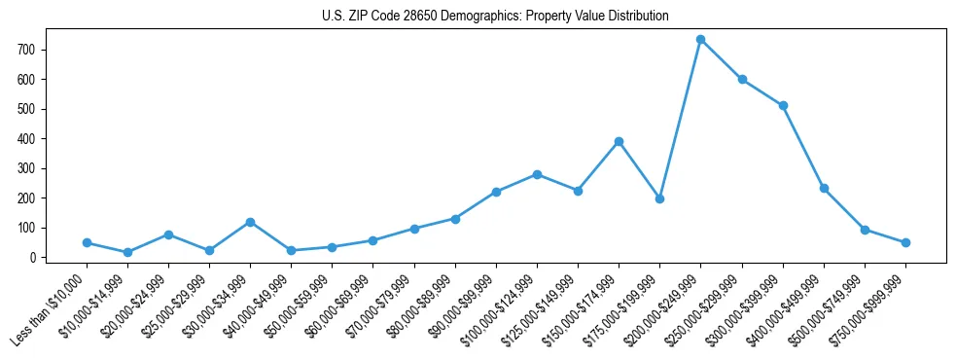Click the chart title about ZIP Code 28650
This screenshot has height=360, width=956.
click(x=495, y=17)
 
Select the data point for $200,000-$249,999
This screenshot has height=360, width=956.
click(x=700, y=40)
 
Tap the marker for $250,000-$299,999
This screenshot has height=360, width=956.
click(x=742, y=80)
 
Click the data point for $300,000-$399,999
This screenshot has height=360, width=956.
click(x=783, y=105)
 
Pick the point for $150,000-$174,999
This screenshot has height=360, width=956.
click(x=619, y=141)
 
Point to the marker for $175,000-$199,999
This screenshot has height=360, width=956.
click(x=659, y=198)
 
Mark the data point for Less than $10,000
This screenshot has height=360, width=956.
click(x=87, y=242)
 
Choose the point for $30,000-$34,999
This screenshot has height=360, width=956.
click(x=250, y=222)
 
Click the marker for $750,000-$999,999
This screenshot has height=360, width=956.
click(x=905, y=242)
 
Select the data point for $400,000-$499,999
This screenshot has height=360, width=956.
click(x=824, y=188)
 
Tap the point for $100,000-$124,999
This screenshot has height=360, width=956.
click(x=537, y=174)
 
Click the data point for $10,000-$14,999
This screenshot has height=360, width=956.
click(x=127, y=253)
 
